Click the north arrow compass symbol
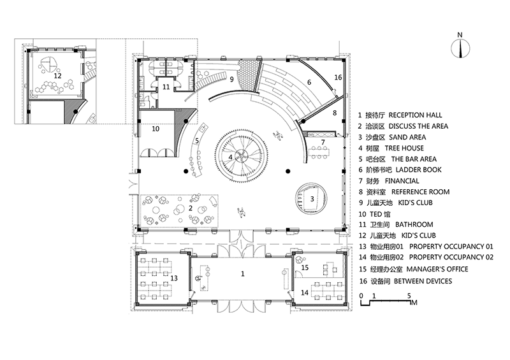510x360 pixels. (460, 47)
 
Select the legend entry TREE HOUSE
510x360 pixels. (391, 148)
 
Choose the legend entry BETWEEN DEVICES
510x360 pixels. (405, 281)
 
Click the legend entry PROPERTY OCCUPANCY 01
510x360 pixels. (426, 247)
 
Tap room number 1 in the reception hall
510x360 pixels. (242, 274)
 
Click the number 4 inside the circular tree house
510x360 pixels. (230, 157)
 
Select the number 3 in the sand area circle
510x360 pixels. (312, 198)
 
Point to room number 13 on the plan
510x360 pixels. (174, 278)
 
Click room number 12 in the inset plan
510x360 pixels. (57, 75)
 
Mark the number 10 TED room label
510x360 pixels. (156, 129)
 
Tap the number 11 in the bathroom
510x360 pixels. (166, 87)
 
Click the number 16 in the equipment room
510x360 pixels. (339, 77)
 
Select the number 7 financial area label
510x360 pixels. (323, 142)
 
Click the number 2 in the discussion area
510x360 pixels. (191, 208)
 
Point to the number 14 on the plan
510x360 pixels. (305, 292)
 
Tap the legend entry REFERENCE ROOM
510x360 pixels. (404, 192)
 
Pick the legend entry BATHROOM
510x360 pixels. (396, 224)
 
